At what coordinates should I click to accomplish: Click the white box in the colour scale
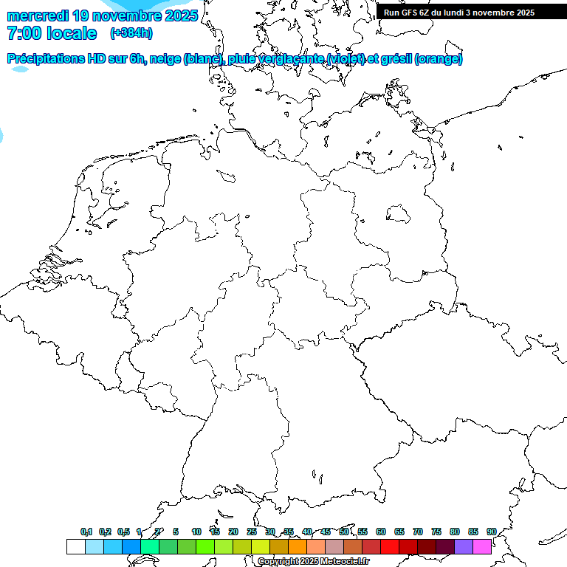75,546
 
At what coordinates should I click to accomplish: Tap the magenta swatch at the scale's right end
482,546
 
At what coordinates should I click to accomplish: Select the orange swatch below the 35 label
297,546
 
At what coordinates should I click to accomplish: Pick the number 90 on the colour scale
491,532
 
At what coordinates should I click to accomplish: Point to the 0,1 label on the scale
86,532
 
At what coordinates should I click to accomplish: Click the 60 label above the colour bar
381,532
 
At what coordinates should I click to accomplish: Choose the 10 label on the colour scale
196,532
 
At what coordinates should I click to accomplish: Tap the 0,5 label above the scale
123,532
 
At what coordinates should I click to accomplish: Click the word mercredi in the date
38,16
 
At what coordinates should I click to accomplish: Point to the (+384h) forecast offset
131,33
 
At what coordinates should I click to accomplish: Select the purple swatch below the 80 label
464,546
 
